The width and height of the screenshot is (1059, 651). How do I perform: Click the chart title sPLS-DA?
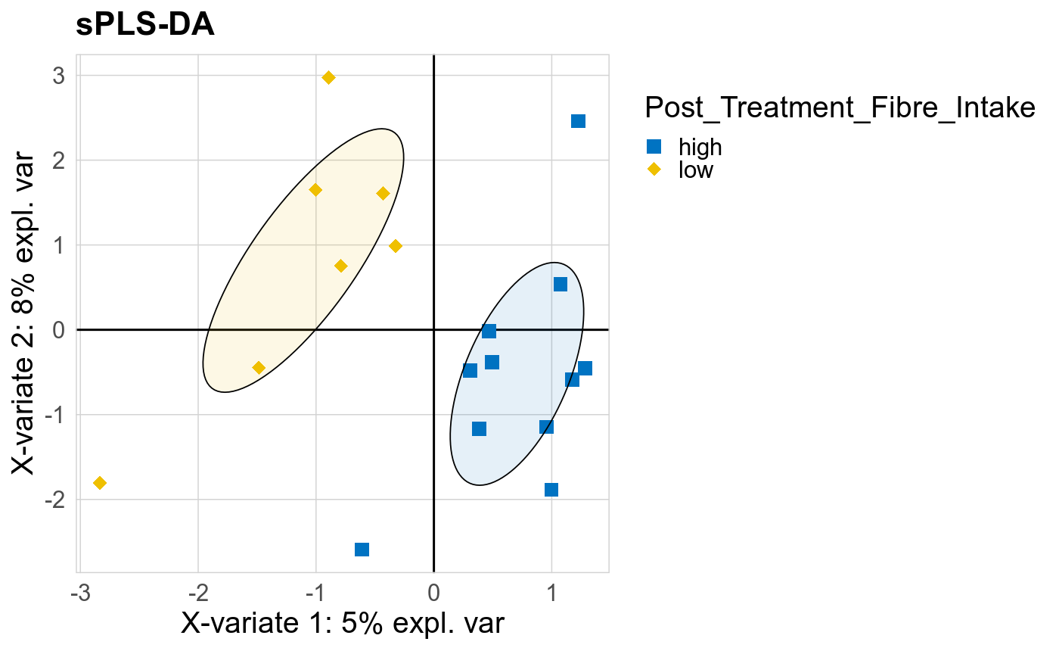pos(145,26)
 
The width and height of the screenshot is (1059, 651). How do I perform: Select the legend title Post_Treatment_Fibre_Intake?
pos(839,108)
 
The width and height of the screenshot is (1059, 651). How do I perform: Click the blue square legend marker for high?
pos(654,146)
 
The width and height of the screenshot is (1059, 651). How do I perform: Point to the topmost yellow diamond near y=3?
pos(328,77)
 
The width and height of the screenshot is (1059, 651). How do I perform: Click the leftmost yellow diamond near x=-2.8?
pos(99,483)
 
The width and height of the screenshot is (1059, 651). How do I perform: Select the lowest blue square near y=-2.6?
pos(362,550)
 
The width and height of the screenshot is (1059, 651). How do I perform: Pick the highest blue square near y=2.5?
pos(578,121)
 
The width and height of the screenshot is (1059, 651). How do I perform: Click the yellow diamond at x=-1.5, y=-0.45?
pos(259,368)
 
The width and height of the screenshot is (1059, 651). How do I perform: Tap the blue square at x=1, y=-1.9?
pos(551,490)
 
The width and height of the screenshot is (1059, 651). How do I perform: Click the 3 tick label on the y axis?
pos(58,76)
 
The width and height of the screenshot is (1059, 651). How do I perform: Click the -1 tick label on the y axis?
pos(55,415)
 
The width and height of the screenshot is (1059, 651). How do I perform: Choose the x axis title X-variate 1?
pos(342,624)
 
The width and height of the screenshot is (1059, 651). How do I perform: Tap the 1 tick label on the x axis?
pos(551,591)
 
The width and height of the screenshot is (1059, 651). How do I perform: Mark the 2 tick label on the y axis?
pos(58,160)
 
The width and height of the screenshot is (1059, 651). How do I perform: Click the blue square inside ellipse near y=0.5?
pos(561,285)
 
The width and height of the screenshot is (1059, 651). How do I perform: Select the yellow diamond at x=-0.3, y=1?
pos(395,246)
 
